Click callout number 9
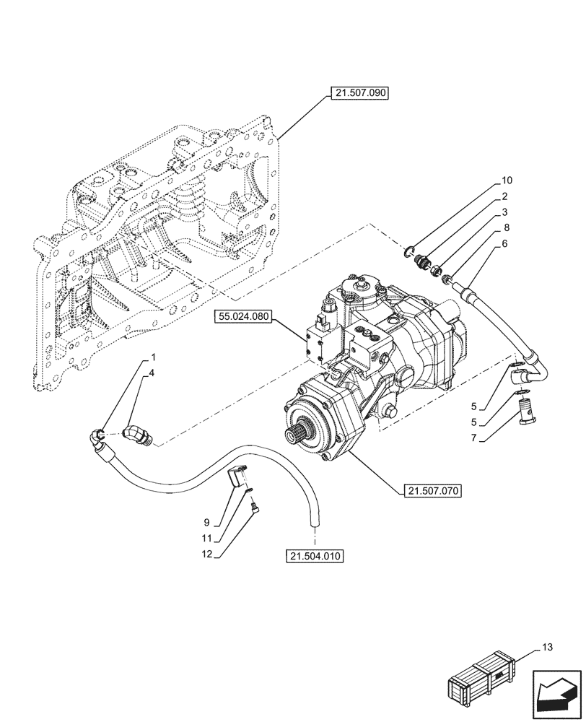pyautogui.click(x=206, y=521)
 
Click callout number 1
pyautogui.click(x=152, y=357)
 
